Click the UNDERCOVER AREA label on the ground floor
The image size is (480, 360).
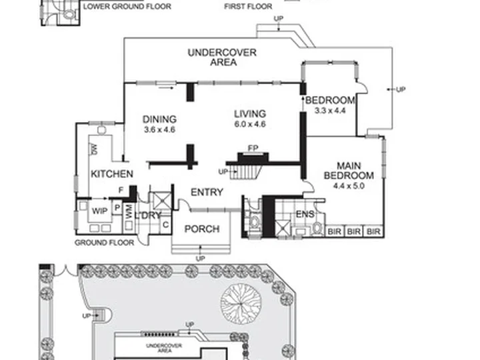[222, 57]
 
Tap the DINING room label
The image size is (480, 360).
[159, 119]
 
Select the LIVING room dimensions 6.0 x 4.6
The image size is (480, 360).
[250, 124]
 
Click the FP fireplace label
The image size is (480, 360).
[253, 149]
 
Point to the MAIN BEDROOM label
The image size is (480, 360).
[349, 171]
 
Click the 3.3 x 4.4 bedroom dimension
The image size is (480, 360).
[330, 111]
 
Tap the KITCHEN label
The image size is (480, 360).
[112, 174]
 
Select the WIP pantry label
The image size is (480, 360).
[100, 211]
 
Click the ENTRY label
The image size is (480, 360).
[207, 192]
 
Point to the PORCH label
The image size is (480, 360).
[202, 229]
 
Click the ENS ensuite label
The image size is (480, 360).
[305, 214]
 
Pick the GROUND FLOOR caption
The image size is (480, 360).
[105, 243]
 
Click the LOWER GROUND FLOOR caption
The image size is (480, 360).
[127, 7]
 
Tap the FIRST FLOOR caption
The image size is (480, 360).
[248, 7]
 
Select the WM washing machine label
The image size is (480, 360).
[129, 211]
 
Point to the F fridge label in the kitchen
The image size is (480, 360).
[121, 191]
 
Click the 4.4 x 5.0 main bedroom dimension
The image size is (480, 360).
[349, 186]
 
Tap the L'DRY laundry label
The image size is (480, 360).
[148, 215]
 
